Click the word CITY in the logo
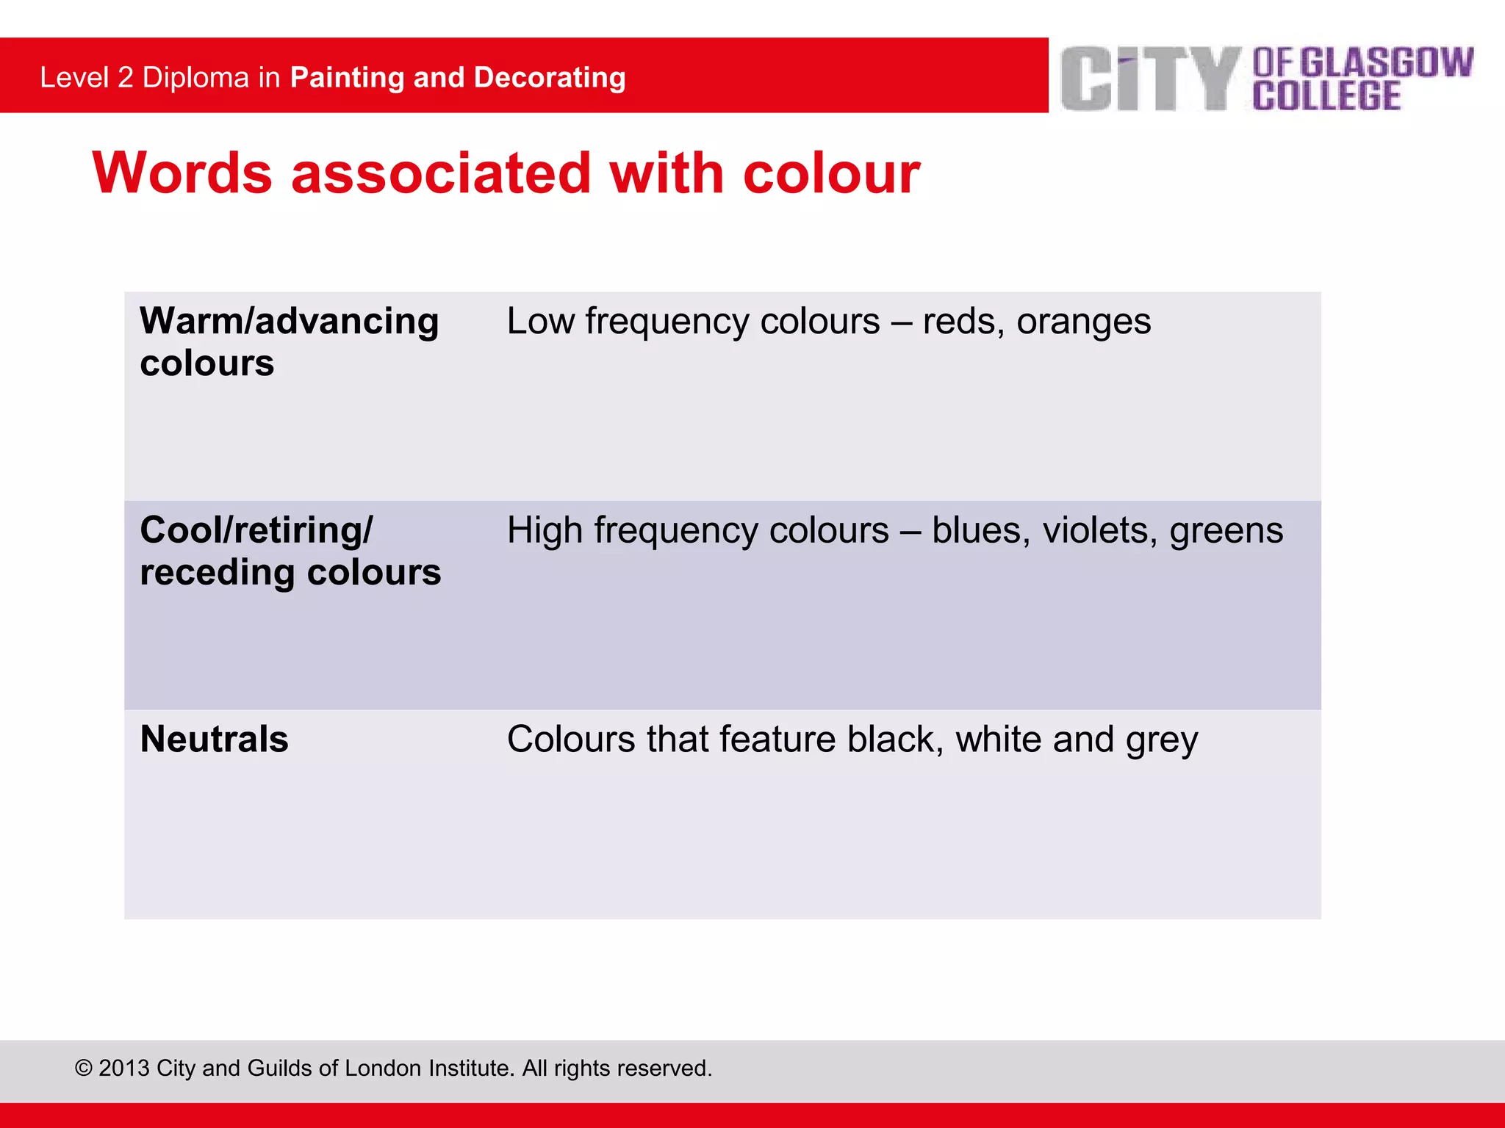click(x=1150, y=79)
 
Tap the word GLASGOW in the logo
click(x=1387, y=62)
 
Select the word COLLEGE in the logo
click(x=1326, y=96)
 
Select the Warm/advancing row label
click(x=290, y=322)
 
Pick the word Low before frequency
click(x=540, y=322)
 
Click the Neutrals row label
click(x=214, y=739)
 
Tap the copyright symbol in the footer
click(x=84, y=1068)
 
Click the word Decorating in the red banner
click(x=550, y=78)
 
